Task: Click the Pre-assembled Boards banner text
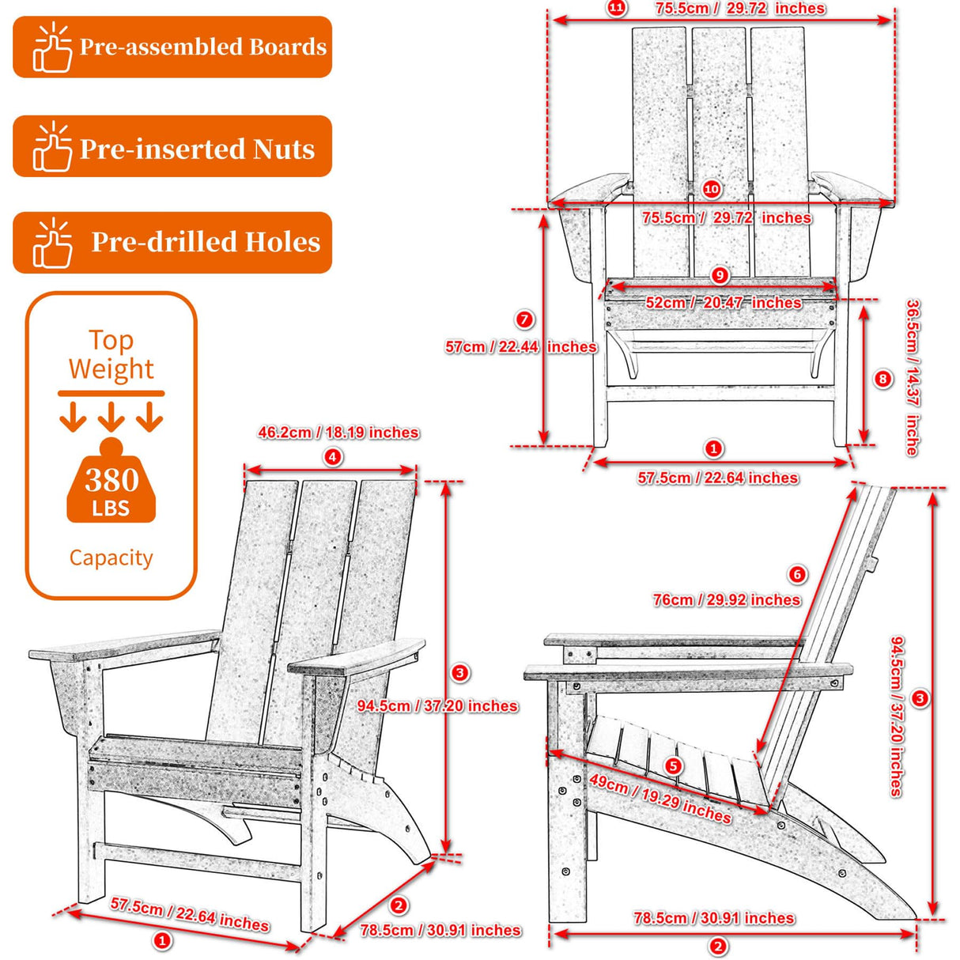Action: pyautogui.click(x=202, y=47)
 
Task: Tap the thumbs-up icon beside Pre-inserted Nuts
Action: pyautogui.click(x=52, y=147)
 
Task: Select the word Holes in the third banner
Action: pyautogui.click(x=282, y=242)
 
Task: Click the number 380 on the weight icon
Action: pyautogui.click(x=111, y=480)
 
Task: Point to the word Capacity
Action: pyautogui.click(x=111, y=557)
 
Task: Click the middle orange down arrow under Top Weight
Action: pyautogui.click(x=111, y=416)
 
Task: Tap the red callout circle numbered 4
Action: pyautogui.click(x=333, y=456)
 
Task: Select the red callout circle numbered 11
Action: pyautogui.click(x=615, y=9)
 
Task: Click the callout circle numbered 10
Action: pyautogui.click(x=711, y=189)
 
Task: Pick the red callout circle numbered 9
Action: pyautogui.click(x=720, y=275)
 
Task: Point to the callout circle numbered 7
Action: pyautogui.click(x=524, y=319)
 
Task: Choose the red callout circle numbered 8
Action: pyautogui.click(x=883, y=379)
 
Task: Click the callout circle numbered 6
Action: pyautogui.click(x=797, y=574)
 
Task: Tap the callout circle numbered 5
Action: pyautogui.click(x=673, y=765)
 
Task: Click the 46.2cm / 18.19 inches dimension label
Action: pyautogui.click(x=338, y=433)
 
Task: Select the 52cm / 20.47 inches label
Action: pyautogui.click(x=723, y=303)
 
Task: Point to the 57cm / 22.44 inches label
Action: pyautogui.click(x=520, y=347)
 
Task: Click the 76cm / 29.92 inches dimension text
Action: pyautogui.click(x=726, y=600)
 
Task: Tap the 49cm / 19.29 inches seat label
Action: pyautogui.click(x=660, y=797)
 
